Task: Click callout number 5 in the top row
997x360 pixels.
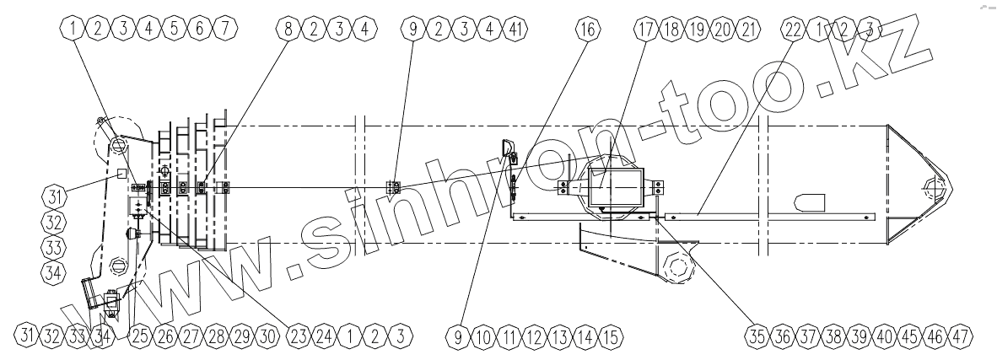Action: [174, 29]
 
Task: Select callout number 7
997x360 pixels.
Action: [224, 29]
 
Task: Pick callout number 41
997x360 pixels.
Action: [515, 29]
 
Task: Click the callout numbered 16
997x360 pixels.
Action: [588, 29]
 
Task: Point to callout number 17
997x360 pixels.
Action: [645, 29]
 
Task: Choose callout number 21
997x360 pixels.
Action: [747, 29]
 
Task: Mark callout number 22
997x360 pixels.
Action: [794, 29]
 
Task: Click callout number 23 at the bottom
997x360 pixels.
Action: [299, 336]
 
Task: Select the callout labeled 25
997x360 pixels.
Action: [141, 336]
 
